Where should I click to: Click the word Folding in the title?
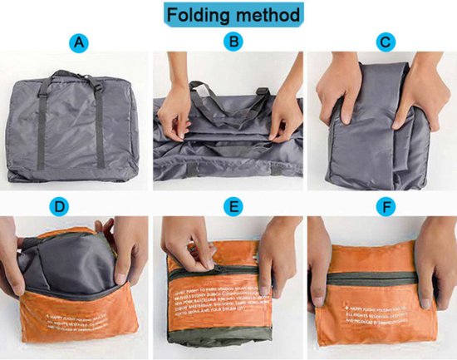(x=198, y=16)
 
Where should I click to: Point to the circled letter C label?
(x=385, y=41)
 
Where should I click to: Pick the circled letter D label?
(x=80, y=204)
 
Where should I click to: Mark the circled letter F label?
(x=385, y=204)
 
